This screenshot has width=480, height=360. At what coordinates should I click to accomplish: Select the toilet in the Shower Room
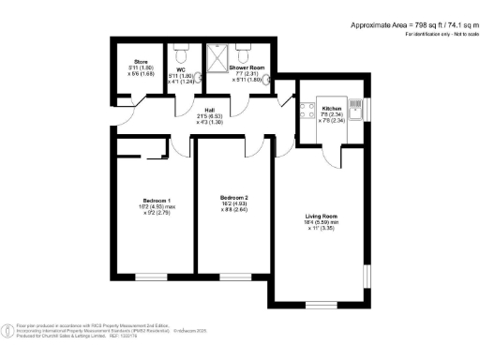[x=243, y=53]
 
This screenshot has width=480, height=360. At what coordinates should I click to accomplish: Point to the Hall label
[x=211, y=109]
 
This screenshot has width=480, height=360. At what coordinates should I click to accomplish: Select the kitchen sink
[x=356, y=104]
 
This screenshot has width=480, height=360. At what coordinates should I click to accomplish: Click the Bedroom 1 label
[x=156, y=202]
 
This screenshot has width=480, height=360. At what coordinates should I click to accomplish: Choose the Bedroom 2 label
[x=233, y=197]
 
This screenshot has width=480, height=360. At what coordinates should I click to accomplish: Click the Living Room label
[x=322, y=215]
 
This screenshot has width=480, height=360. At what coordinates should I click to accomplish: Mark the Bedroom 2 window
[x=233, y=276]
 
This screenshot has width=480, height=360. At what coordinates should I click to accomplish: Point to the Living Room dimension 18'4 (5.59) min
[x=322, y=221]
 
